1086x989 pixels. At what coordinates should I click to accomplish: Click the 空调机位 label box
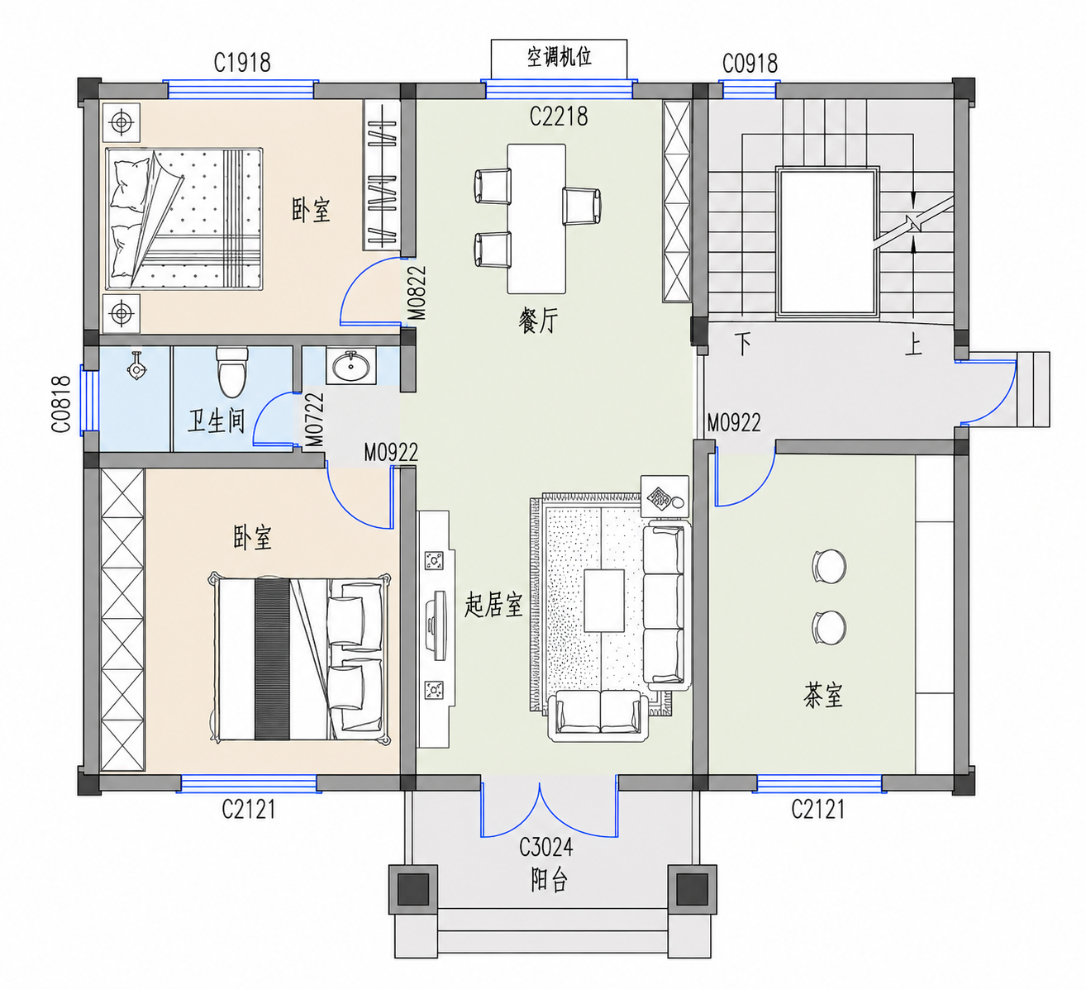coord(559,59)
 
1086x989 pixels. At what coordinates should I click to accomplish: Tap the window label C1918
coord(242,63)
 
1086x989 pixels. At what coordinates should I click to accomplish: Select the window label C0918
coord(750,64)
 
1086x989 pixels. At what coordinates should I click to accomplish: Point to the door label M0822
coord(417,292)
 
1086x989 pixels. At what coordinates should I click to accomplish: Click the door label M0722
coord(315,420)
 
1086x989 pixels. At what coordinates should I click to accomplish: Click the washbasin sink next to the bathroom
coord(350,366)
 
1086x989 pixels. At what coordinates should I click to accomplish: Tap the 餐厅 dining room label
coord(537,321)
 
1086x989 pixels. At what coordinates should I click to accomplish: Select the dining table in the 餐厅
coord(536,219)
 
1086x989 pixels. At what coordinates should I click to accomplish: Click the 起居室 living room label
coord(493,605)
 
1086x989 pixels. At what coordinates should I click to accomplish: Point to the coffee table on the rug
coord(604,601)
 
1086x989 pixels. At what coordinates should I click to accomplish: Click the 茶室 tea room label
coord(823,695)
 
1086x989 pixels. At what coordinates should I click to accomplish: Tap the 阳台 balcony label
coord(549,880)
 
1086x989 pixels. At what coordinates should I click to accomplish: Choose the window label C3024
coord(545,848)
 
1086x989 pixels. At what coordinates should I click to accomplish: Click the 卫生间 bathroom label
coord(216,421)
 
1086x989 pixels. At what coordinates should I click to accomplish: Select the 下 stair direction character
coord(743,344)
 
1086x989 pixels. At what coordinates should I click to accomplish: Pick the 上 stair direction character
coord(914,345)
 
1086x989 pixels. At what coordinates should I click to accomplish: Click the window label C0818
coord(61,404)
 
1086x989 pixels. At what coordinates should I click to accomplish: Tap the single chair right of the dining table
coord(582,205)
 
